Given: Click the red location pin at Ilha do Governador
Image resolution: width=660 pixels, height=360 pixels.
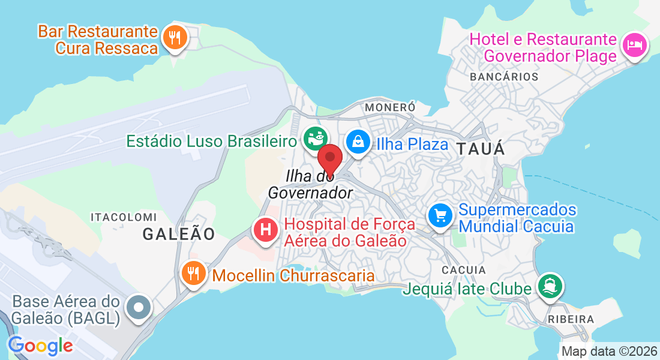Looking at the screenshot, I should click(329, 159).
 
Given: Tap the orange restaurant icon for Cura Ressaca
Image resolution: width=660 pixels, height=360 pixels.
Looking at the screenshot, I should click(175, 38).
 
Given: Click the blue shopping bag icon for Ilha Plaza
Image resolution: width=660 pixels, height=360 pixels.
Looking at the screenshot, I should click(358, 142).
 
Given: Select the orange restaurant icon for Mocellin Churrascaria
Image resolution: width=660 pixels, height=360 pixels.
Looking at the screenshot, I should click(193, 274).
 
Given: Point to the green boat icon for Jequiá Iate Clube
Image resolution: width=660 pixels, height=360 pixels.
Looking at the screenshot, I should click(549, 285).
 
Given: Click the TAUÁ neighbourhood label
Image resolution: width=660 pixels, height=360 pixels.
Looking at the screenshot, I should click(481, 149).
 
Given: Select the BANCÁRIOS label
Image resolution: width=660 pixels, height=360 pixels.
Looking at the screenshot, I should click(504, 77).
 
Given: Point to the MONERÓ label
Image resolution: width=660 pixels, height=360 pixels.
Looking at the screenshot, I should click(390, 106).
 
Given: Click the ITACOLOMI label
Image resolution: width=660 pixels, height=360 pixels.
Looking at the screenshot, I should click(123, 216).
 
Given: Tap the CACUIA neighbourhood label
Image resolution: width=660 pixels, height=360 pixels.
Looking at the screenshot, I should click(464, 270).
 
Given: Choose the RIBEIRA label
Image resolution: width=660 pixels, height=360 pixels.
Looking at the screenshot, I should click(571, 319).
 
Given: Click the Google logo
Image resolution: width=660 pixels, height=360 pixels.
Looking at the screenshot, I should click(40, 346).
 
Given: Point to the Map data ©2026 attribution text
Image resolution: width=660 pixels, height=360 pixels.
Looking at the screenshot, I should click(609, 352).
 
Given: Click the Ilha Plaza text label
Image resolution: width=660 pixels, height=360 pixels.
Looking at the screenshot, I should click(412, 144).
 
